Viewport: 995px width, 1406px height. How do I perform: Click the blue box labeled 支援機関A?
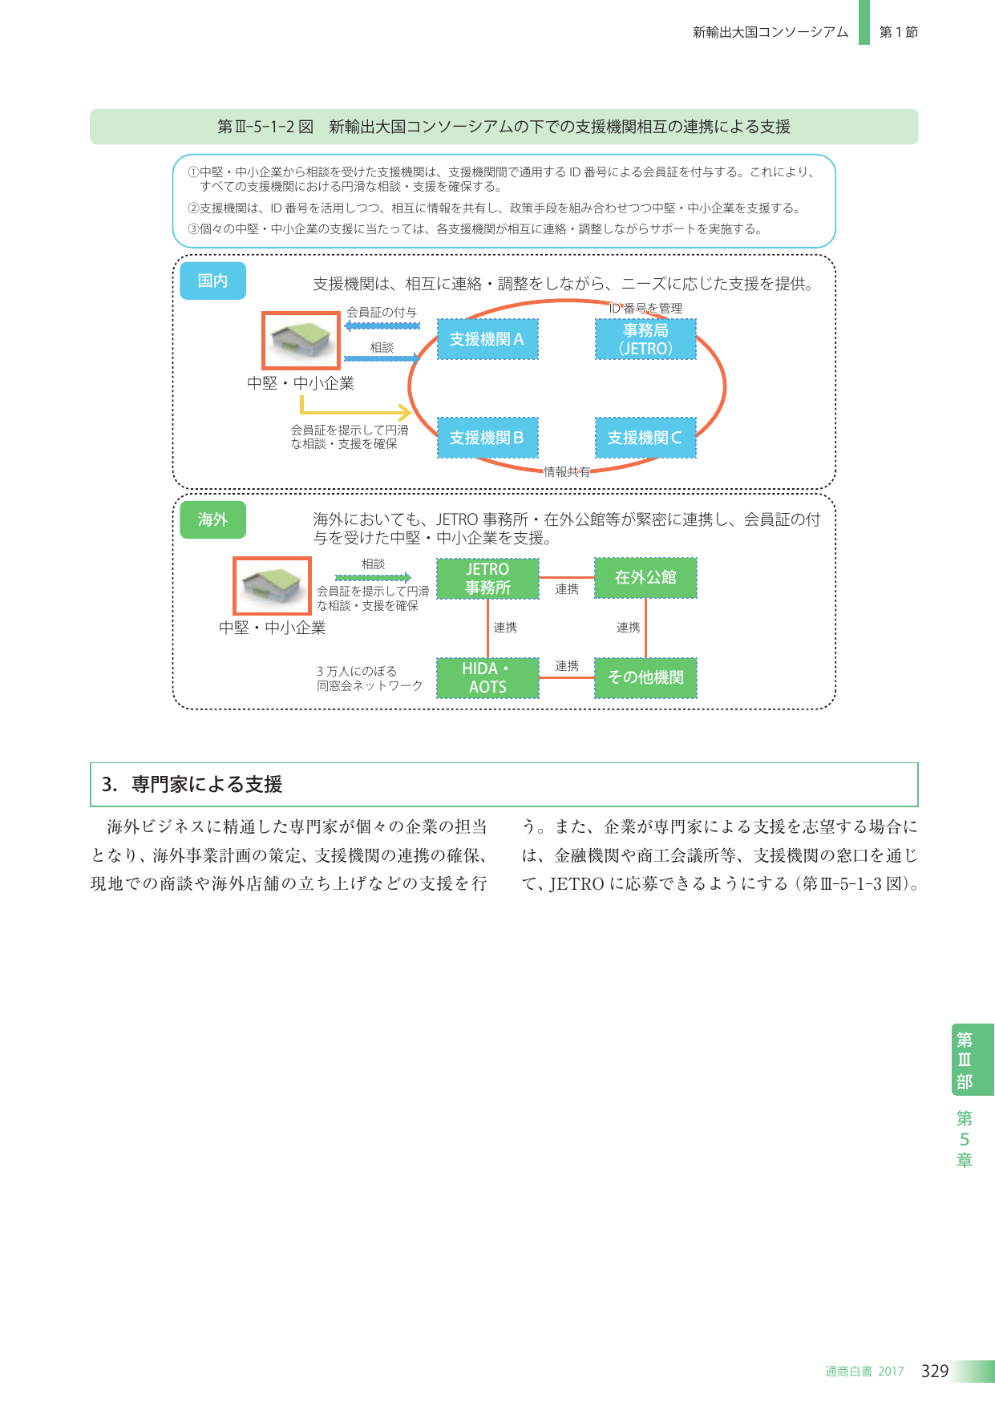coord(487,338)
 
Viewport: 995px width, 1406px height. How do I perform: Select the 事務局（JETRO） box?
coord(645,338)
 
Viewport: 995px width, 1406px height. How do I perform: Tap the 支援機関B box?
coord(487,438)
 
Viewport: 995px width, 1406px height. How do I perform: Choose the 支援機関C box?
coord(645,438)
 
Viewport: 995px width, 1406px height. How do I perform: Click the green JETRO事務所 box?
coord(487,578)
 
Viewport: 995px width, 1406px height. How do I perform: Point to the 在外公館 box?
coord(645,578)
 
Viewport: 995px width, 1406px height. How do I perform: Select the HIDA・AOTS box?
coord(487,678)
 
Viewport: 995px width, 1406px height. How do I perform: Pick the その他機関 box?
coord(645,678)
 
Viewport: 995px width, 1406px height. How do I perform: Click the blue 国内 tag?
coord(212,281)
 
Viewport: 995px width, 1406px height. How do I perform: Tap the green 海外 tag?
coord(212,519)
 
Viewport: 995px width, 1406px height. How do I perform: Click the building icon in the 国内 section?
coord(301,340)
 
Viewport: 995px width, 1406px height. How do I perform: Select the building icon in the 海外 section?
coord(272,586)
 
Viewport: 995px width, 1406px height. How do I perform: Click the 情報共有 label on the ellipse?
coord(567,471)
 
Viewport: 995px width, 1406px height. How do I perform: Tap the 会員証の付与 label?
coord(382,312)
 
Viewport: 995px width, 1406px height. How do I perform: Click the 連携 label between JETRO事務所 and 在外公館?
coord(567,589)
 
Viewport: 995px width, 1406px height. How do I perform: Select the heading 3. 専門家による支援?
coord(192,784)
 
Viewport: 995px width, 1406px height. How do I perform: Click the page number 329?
coord(935,1371)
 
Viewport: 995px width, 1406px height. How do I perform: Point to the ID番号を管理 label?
coord(645,308)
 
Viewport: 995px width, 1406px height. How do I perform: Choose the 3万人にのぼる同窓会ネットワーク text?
coord(370,678)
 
